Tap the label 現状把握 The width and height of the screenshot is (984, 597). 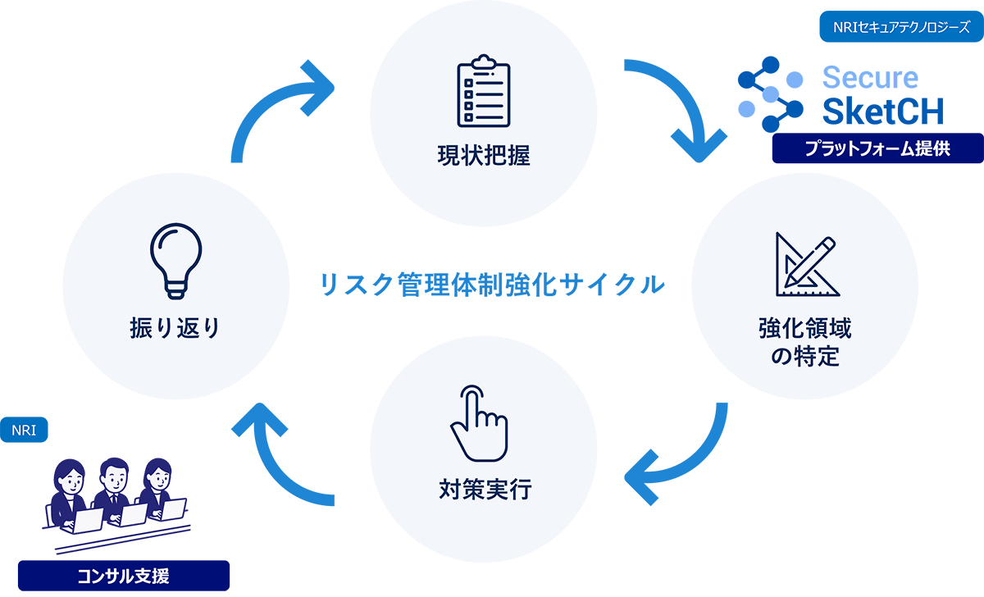pyautogui.click(x=483, y=155)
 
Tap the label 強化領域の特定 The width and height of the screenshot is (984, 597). pyautogui.click(x=804, y=343)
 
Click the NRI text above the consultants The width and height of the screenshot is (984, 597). pyautogui.click(x=24, y=430)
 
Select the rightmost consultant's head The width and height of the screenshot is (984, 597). pyautogui.click(x=157, y=474)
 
